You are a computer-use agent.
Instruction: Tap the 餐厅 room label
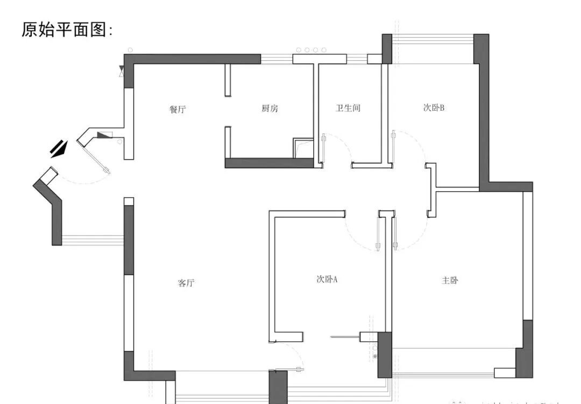[x=178, y=110]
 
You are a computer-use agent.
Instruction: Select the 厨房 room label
[x=270, y=109]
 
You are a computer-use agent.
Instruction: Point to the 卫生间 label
[x=348, y=109]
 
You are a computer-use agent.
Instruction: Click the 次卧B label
[x=433, y=107]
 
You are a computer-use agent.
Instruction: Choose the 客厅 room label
[x=186, y=283]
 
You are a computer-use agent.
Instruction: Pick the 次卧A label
[x=327, y=279]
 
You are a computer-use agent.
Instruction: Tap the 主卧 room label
[x=450, y=280]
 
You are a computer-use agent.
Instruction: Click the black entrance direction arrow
[x=59, y=148]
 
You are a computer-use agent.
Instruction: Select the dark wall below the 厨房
[x=269, y=163]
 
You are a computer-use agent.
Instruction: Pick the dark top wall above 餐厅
[x=194, y=59]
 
